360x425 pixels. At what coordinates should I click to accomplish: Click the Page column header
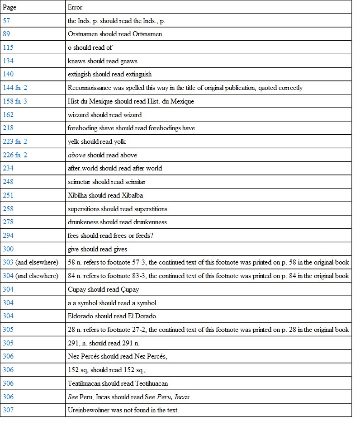[x=9, y=7]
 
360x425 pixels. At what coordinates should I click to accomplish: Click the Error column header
[x=75, y=7]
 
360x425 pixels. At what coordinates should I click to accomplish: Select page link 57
[x=6, y=20]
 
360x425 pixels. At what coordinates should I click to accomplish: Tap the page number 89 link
[x=6, y=34]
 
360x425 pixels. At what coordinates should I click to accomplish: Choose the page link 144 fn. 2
[x=15, y=88]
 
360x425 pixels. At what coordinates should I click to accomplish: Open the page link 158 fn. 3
[x=15, y=101]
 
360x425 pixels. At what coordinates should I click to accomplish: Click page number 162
[x=8, y=114]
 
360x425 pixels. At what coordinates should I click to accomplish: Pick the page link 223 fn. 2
[x=15, y=142]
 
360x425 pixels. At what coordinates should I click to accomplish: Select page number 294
[x=8, y=236]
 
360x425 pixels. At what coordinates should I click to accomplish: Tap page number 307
[x=8, y=410]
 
